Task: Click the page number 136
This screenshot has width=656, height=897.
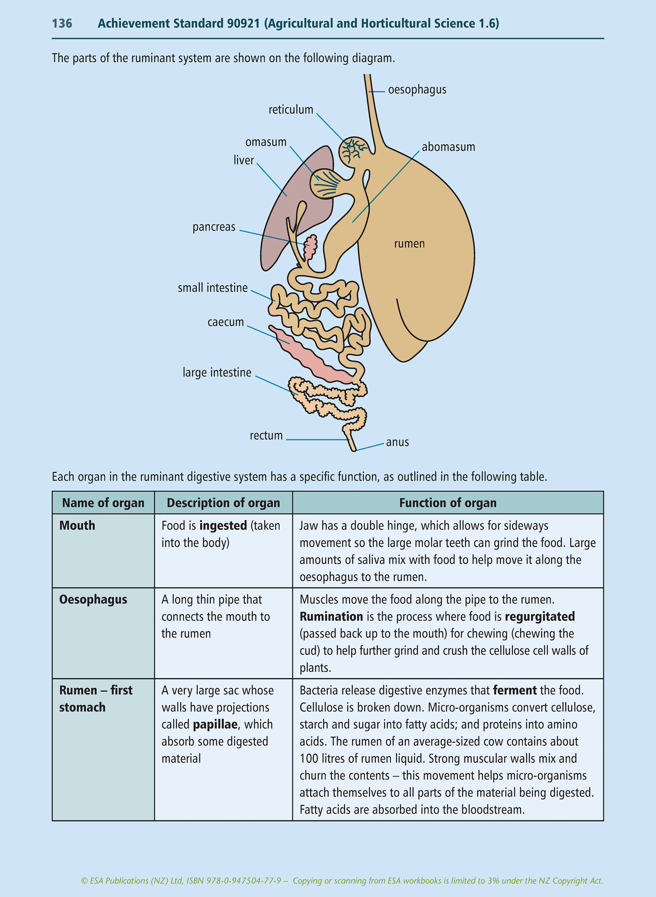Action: point(62,24)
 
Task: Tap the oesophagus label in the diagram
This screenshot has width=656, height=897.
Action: point(417,90)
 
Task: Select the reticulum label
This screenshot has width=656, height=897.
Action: point(291,110)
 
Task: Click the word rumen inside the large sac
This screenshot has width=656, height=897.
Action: point(409,244)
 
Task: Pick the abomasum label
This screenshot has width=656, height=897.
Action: point(448,147)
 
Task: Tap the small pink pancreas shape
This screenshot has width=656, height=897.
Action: point(311,247)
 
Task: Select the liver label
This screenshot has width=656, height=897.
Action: point(243,160)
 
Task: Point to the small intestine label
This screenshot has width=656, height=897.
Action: point(212,288)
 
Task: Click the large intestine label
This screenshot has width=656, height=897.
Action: point(217,373)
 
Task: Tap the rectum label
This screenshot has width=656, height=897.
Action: point(266,436)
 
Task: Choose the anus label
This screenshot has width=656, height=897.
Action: point(397,442)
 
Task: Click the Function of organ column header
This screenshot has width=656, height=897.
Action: point(448,503)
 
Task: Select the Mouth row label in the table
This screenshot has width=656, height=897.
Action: point(77,525)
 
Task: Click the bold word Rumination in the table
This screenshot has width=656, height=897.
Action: point(331,617)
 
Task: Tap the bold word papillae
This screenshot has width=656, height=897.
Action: point(215,724)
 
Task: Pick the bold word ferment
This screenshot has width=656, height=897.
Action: point(514,690)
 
